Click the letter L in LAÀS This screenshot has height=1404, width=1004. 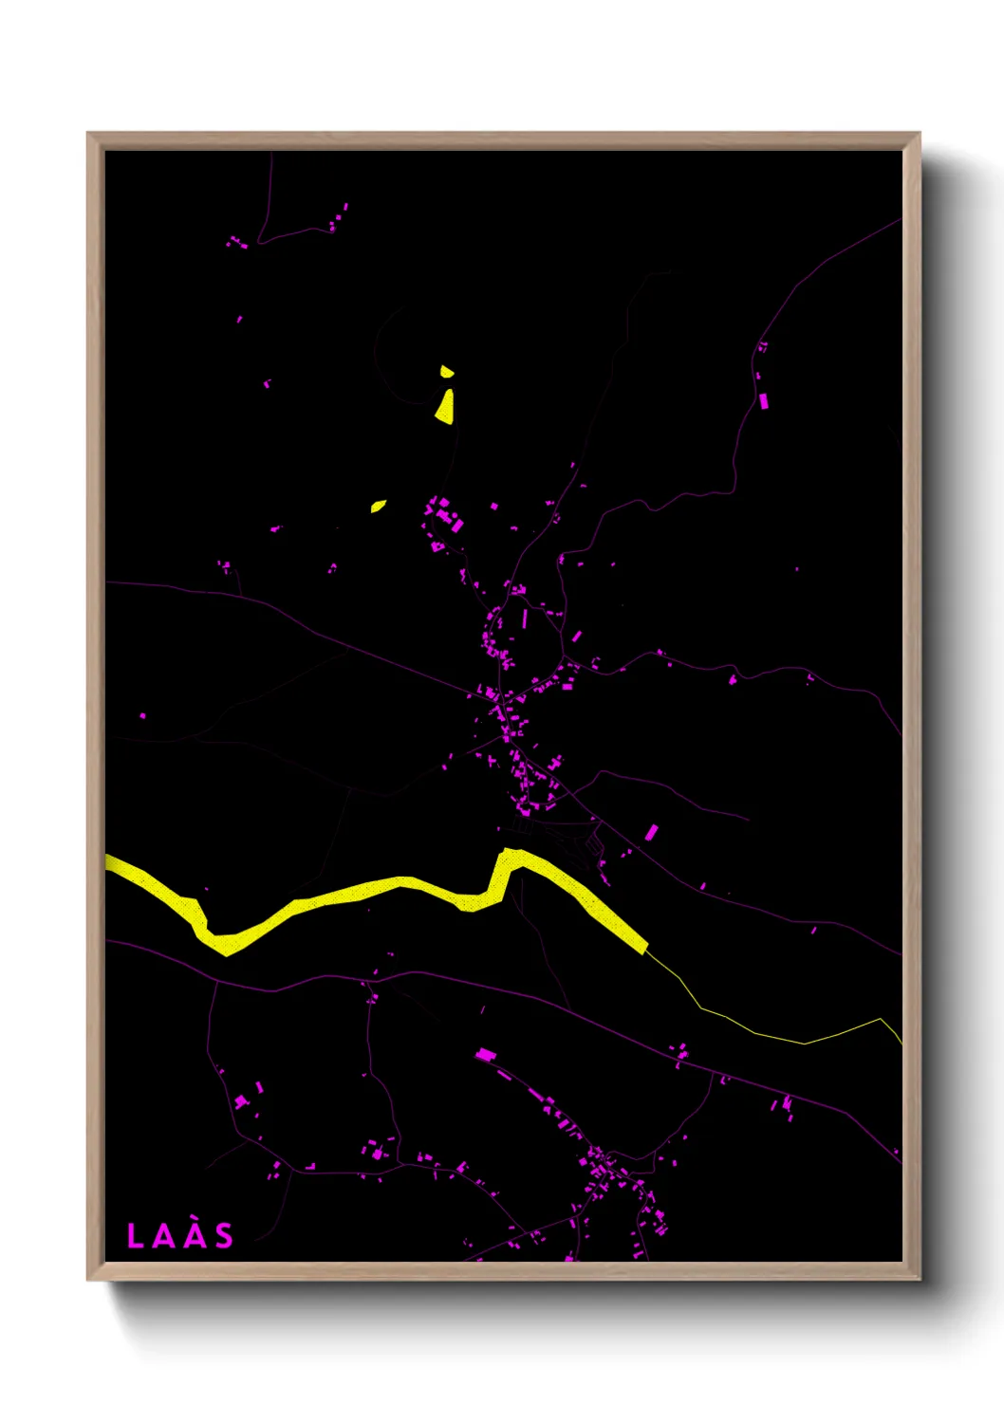tap(135, 1236)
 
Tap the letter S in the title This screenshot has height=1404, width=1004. tap(223, 1236)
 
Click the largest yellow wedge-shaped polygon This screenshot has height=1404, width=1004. tap(445, 407)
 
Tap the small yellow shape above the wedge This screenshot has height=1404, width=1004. tap(446, 371)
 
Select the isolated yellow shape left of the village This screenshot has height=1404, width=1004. tap(378, 507)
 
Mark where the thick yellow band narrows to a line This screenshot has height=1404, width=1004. tap(646, 947)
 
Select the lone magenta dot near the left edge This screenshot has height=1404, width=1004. tap(143, 715)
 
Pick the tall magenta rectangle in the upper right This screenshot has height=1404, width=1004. tap(764, 401)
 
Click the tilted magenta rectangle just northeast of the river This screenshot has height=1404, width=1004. tap(651, 833)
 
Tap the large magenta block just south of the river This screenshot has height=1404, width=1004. tap(485, 1054)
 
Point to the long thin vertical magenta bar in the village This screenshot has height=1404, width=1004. tap(524, 619)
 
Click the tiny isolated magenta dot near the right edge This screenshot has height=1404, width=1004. tap(796, 569)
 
